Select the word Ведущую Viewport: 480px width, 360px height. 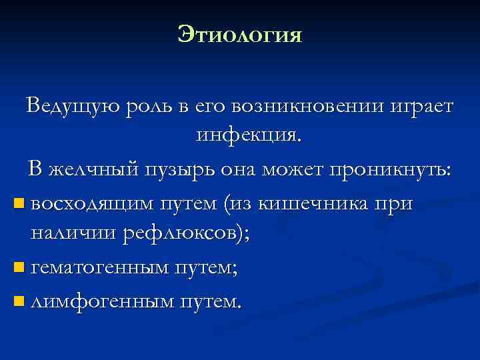(x=64, y=106)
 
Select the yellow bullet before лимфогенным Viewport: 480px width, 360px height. (x=17, y=301)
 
